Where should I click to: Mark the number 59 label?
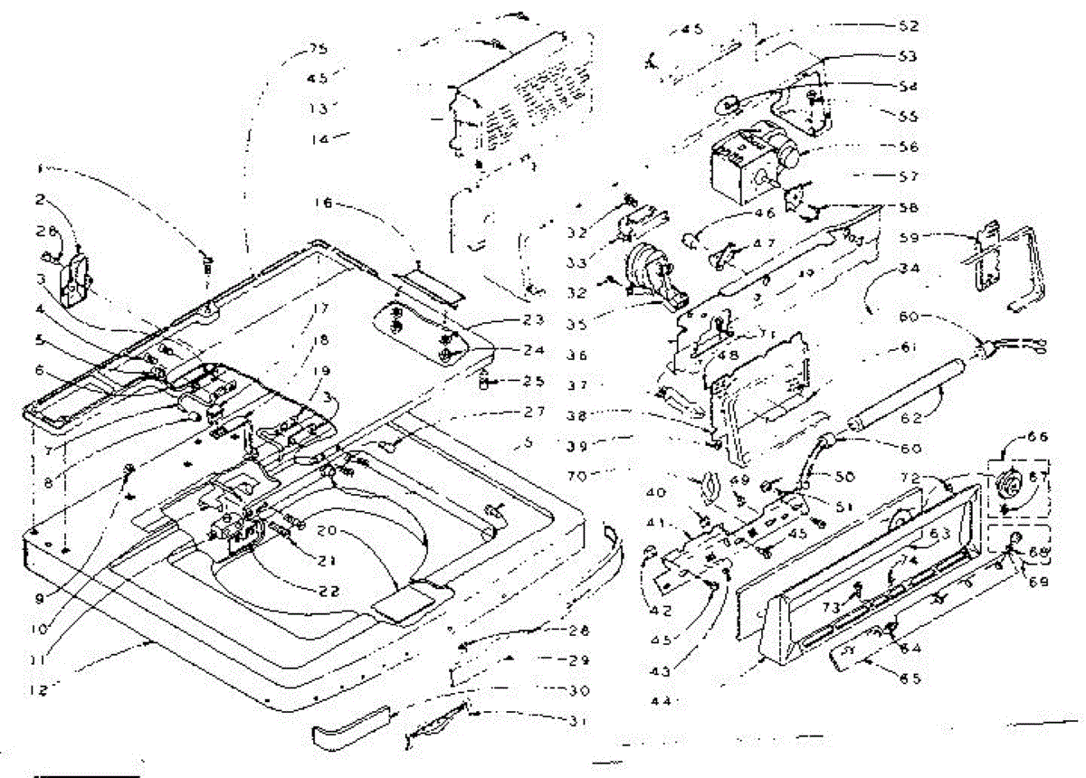[908, 239]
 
